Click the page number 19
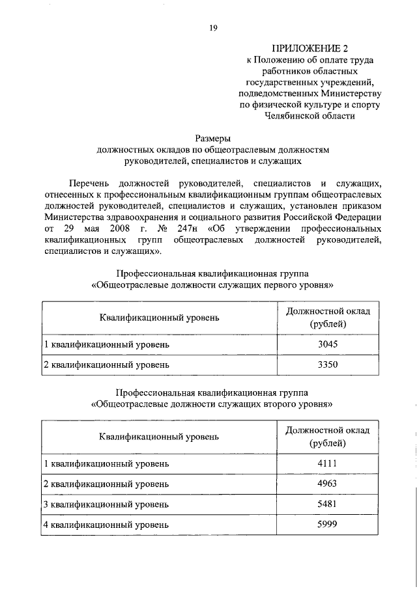pos(213,27)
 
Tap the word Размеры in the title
pos(213,138)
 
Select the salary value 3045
pos(327,344)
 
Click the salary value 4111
pos(327,463)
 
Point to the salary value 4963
pos(327,484)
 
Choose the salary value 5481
pos(327,504)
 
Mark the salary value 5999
pos(327,525)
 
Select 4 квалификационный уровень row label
pos(106,525)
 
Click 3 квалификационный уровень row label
pos(106,504)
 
